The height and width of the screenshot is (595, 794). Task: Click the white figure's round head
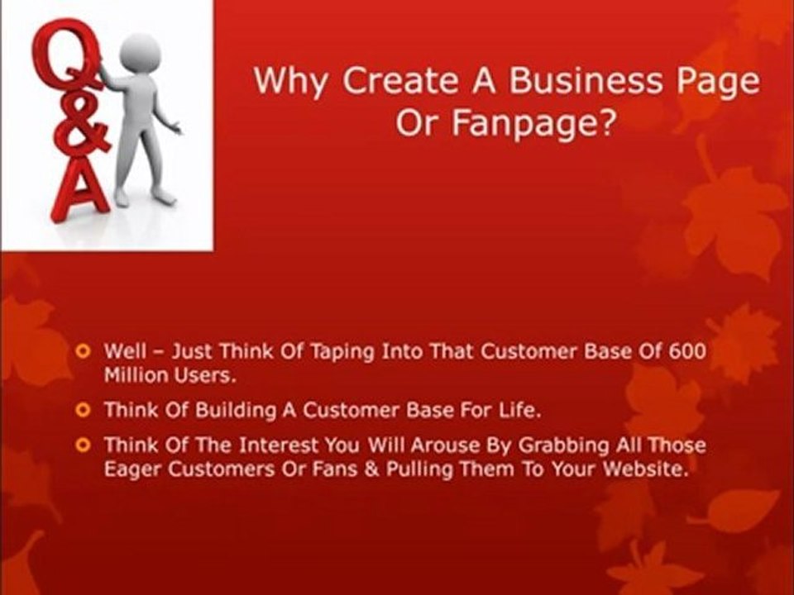coord(139,55)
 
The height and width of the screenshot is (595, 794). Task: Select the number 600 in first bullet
coord(688,351)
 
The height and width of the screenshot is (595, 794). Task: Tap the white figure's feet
coord(145,198)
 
